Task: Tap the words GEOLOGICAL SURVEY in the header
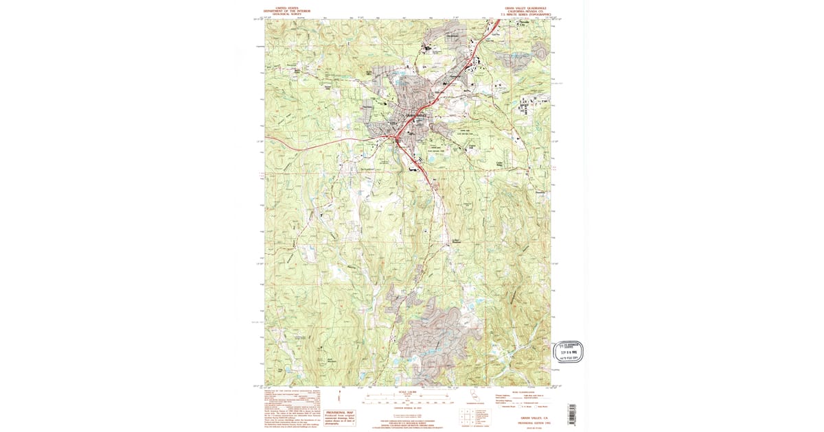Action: point(286,13)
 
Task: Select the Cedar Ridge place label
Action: point(501,163)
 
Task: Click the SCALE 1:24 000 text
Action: point(408,392)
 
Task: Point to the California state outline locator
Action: point(473,396)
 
